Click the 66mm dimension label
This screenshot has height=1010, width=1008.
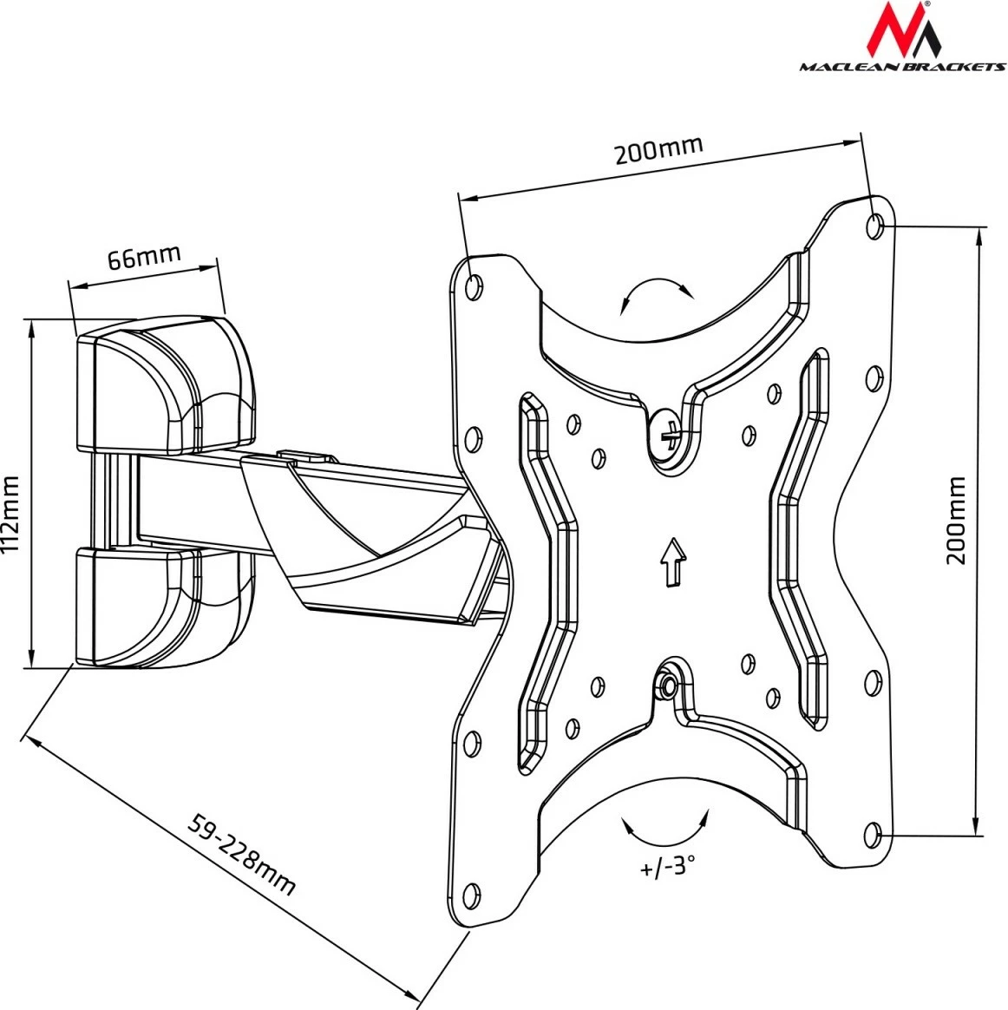[x=143, y=258]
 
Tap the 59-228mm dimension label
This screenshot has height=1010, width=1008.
[x=243, y=854]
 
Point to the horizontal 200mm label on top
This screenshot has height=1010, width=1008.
[x=658, y=150]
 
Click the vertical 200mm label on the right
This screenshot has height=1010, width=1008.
[x=955, y=521]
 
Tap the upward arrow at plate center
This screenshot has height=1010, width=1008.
[x=670, y=562]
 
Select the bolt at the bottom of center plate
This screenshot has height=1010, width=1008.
[x=667, y=685]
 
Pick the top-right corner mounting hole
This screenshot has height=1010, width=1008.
[x=874, y=225]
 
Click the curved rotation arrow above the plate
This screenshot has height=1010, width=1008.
[x=657, y=293]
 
